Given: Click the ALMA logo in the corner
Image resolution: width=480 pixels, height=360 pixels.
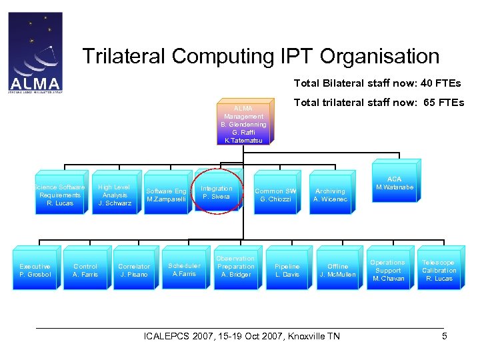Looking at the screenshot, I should pyautogui.click(x=35, y=52).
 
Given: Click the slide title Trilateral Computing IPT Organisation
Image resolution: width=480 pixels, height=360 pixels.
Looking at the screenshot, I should pyautogui.click(x=261, y=57).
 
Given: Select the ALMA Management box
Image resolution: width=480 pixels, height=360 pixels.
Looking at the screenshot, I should pyautogui.click(x=243, y=125).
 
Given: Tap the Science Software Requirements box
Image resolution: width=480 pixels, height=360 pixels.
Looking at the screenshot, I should pyautogui.click(x=60, y=195).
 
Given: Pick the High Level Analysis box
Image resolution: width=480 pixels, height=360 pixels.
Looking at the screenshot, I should pyautogui.click(x=114, y=195).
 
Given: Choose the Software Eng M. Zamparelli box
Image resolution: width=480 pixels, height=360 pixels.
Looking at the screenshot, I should pyautogui.click(x=167, y=195).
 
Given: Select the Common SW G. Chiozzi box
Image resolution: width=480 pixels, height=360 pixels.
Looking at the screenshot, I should pyautogui.click(x=275, y=195).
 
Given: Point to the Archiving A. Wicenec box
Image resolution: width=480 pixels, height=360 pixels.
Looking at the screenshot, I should pyautogui.click(x=330, y=195).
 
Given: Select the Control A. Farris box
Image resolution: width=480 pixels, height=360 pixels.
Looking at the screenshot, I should pyautogui.click(x=85, y=270).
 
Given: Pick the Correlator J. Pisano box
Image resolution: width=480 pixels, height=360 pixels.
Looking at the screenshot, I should pyautogui.click(x=134, y=270).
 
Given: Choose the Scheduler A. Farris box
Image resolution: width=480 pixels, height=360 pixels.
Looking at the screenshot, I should pyautogui.click(x=184, y=269).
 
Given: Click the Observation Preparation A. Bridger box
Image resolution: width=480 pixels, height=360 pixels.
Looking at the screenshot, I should pyautogui.click(x=235, y=267).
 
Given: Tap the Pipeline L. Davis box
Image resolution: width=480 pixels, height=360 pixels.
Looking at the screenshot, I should pyautogui.click(x=287, y=270).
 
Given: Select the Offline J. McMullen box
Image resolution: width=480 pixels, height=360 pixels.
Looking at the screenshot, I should pyautogui.click(x=338, y=270).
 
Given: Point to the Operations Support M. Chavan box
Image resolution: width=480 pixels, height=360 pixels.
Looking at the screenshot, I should pyautogui.click(x=388, y=270).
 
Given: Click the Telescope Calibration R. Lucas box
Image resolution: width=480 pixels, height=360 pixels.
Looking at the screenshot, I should pyautogui.click(x=439, y=270).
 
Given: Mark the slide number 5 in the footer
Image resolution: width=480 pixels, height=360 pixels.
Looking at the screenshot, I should pyautogui.click(x=444, y=336).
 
